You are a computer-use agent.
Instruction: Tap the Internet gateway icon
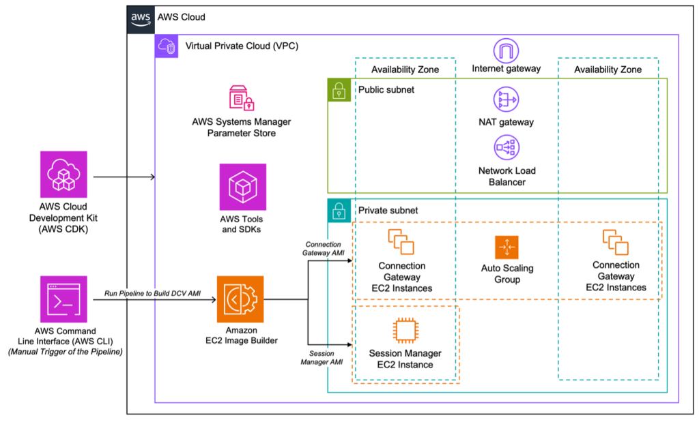click(506, 50)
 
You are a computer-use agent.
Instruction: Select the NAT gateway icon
click(506, 100)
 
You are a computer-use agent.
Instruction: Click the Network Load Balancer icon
click(506, 147)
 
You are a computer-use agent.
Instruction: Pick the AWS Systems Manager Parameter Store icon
click(242, 98)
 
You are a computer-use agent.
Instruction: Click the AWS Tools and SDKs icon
click(242, 187)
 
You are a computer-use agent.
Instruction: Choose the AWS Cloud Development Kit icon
click(63, 175)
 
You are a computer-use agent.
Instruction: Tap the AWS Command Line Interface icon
click(63, 299)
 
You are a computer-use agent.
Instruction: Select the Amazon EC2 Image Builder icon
click(240, 299)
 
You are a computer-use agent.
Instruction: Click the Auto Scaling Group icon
click(507, 247)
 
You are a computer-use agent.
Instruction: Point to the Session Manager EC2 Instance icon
click(405, 331)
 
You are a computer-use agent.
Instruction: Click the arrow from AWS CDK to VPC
click(124, 178)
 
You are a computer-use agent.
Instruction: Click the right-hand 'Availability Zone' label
click(608, 70)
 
